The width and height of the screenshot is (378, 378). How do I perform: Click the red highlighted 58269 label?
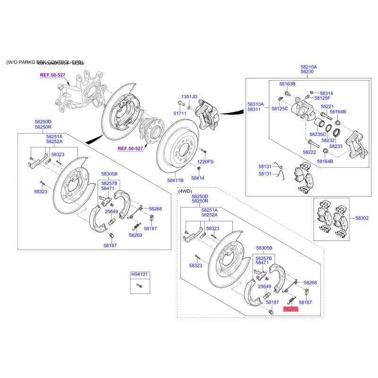coord(291,309)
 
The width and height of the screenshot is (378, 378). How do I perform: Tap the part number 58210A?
coord(309,67)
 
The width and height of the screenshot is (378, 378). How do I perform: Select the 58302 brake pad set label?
coord(362,218)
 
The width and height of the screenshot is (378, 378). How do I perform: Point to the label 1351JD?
coord(189,97)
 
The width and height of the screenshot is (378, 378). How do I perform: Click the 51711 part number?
coord(180,113)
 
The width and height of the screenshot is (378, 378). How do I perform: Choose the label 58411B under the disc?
coord(175,180)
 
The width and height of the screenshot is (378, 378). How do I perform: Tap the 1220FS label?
coord(205,162)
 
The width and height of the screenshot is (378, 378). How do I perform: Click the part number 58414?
coord(198,178)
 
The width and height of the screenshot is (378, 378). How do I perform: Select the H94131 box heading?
coord(140,274)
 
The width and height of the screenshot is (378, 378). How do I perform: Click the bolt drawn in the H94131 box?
coord(139,285)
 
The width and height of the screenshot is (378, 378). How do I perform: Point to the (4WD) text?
coord(185,191)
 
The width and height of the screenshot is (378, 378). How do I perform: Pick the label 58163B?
coord(287,84)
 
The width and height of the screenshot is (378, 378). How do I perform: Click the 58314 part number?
coord(326,94)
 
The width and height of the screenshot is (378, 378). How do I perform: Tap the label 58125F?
coord(323,98)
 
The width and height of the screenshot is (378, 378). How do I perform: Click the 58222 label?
coord(309,152)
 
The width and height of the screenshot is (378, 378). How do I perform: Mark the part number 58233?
coord(336,146)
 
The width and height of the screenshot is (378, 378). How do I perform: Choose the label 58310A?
coord(256,104)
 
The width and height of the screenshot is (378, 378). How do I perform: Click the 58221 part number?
coord(327,107)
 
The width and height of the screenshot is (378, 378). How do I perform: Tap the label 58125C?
coord(280,109)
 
